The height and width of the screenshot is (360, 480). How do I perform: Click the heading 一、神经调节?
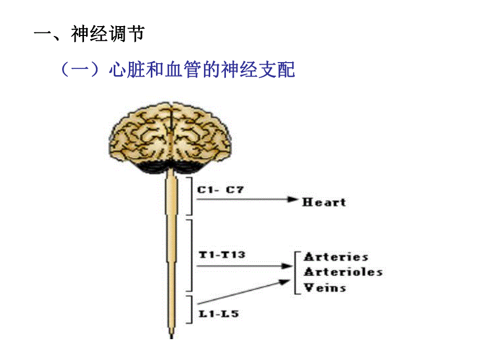[x=89, y=35]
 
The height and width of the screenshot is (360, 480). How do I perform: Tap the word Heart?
[x=324, y=202]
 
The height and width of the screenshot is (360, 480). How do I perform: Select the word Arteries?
[x=336, y=257]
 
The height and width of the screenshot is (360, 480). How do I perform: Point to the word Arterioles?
[x=343, y=272]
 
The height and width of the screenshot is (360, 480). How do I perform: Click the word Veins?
[x=325, y=287]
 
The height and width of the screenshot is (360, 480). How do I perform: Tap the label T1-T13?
[x=222, y=255]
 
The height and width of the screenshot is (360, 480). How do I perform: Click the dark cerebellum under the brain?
[x=173, y=166]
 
